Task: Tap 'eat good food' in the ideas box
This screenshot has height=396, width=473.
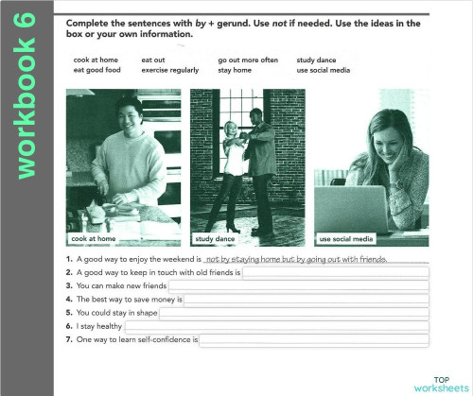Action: click(x=96, y=70)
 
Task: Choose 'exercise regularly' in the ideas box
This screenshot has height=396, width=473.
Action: click(x=169, y=70)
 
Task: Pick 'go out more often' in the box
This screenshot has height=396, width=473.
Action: click(x=247, y=60)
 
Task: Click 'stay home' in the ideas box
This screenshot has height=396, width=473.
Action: click(x=235, y=70)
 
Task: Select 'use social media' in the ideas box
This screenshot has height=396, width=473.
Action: click(x=324, y=70)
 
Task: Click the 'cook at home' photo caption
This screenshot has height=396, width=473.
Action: click(x=93, y=239)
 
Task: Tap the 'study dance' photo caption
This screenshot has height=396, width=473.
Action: click(x=215, y=239)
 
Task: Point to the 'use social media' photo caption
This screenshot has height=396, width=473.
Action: click(x=346, y=239)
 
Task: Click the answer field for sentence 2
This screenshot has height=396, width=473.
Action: click(x=336, y=272)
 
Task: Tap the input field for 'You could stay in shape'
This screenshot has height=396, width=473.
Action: click(x=294, y=312)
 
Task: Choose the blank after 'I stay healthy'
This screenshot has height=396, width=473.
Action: click(x=271, y=325)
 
